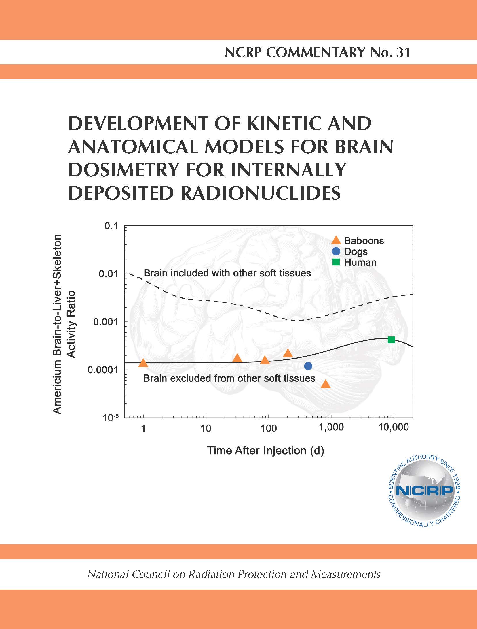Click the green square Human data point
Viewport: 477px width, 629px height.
[391, 340]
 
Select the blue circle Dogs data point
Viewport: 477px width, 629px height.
[308, 366]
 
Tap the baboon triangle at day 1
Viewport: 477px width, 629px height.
[143, 363]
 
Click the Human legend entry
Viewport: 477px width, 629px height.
[354, 262]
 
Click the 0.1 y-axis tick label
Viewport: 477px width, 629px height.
[111, 226]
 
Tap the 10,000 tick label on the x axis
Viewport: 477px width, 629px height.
[394, 427]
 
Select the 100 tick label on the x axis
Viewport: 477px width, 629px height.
[269, 428]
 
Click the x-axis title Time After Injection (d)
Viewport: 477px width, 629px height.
[266, 450]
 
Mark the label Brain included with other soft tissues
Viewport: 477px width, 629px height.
[227, 273]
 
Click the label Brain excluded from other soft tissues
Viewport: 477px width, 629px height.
[229, 378]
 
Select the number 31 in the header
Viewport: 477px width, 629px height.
[403, 52]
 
